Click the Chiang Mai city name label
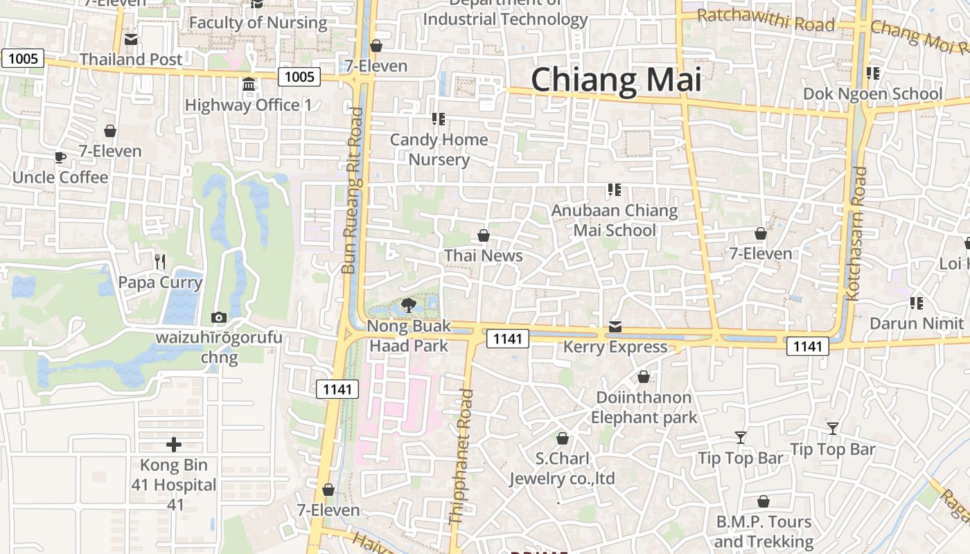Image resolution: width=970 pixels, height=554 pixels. pos(616,80)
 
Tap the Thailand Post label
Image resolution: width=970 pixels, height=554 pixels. pos(131,60)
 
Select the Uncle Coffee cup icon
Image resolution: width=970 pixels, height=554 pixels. pos(60,157)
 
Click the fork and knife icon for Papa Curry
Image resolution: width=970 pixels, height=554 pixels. pos(160,261)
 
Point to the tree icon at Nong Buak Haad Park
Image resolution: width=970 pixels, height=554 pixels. pos(409,305)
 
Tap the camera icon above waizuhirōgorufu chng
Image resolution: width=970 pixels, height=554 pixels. pos(219,317)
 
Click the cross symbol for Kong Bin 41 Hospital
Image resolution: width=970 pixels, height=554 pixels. pos(174,444)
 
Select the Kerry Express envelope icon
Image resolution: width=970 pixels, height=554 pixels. pos(615,326)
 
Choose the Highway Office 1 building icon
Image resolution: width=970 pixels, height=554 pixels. pos(249,84)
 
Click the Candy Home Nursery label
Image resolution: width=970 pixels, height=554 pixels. pos(439,150)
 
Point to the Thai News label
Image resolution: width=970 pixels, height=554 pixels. pos(484,256)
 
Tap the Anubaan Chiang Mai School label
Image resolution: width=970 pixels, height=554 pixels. pos(615,220)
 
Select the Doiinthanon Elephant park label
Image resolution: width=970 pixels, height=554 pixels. pos(643,407)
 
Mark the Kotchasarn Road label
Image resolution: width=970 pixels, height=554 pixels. pos(856,233)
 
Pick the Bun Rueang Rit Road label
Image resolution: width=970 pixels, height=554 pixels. pos(353,190)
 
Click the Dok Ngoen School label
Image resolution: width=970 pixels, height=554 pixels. pos(873,93)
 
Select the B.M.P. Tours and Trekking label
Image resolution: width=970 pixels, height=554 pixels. pos(763,531)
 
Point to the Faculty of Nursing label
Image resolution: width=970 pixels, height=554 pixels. pos(258,23)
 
